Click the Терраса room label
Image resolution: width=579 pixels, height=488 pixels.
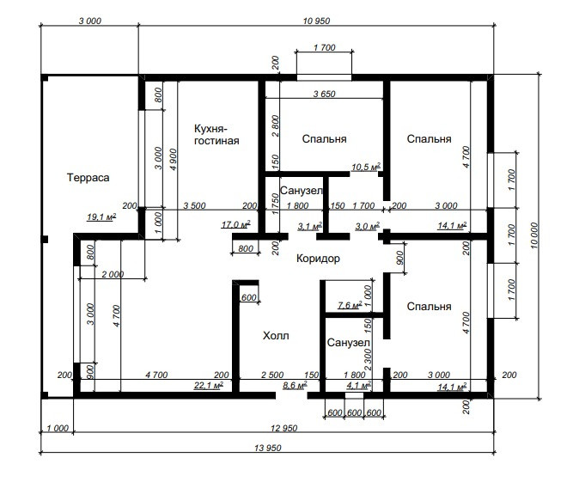click(88, 178)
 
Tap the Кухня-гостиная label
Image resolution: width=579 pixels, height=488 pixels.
click(216, 135)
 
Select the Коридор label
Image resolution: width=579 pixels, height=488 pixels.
click(318, 259)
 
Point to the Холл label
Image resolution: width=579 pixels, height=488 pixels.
click(276, 336)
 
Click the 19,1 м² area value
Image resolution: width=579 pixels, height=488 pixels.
click(101, 217)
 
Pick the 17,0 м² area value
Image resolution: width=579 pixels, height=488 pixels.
click(236, 224)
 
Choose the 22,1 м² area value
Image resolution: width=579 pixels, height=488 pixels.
click(209, 385)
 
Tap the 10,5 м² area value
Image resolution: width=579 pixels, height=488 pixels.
click(366, 167)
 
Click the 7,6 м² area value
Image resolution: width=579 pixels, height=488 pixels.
click(350, 305)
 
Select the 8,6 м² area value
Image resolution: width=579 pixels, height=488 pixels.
click(295, 385)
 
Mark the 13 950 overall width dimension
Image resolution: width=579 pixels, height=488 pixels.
click(268, 448)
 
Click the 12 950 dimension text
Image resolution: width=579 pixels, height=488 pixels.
click(284, 428)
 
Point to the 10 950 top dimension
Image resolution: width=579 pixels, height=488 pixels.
click(316, 21)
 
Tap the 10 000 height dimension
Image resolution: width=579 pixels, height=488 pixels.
click(535, 235)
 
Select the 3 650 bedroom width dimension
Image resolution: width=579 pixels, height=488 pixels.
click(324, 94)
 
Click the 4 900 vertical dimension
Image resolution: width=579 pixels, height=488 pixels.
click(173, 159)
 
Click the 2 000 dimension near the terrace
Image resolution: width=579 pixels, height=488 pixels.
click(113, 274)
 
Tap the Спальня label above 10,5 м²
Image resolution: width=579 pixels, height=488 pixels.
click(324, 139)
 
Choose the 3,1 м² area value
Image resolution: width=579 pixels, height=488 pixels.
click(310, 226)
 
